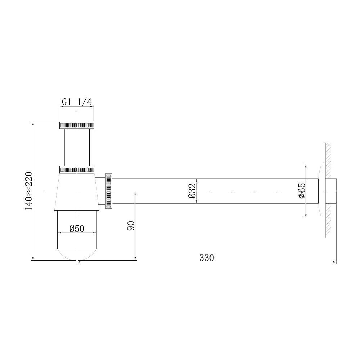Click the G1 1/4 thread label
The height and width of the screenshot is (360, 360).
77,102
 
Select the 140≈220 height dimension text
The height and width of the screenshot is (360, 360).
29,191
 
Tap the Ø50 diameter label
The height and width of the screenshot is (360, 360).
76,228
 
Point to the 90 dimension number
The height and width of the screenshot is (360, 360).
131,226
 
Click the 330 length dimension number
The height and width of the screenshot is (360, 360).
207,258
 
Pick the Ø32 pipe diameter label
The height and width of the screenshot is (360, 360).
192,191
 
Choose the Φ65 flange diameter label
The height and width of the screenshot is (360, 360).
301,190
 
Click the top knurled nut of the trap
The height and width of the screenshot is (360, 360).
77,125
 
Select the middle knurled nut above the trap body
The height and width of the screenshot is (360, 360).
77,170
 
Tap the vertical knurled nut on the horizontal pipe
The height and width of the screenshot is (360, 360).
109,191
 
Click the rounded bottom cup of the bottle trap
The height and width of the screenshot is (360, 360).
77,234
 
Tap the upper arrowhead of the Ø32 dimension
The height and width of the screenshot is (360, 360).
196,180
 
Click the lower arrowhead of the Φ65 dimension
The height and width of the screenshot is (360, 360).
305,216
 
